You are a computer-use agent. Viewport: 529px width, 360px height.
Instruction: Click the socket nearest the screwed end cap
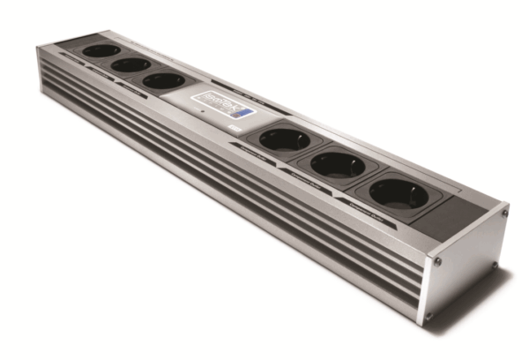[x=398, y=192]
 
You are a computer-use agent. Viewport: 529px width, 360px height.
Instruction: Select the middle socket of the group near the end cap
[x=338, y=163]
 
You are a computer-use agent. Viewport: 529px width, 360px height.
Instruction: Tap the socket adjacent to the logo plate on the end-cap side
[x=284, y=139]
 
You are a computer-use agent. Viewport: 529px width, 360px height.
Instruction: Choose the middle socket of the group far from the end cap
[x=130, y=64]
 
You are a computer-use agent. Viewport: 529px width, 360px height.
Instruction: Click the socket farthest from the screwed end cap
[x=100, y=50]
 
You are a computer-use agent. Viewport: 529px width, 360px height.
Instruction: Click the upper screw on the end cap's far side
[x=504, y=212]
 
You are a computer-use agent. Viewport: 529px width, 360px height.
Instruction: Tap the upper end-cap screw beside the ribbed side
[x=438, y=261]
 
